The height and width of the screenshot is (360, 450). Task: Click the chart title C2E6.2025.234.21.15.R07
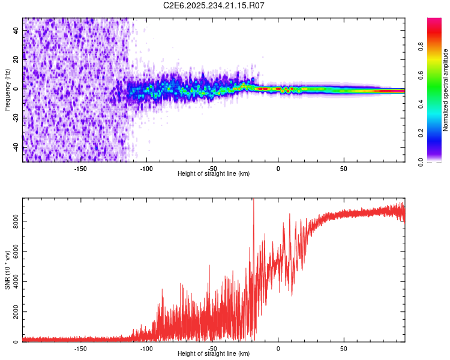coord(214,5)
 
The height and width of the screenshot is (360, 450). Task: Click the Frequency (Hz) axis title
coord(7,90)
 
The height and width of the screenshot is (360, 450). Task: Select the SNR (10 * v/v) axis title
coord(7,270)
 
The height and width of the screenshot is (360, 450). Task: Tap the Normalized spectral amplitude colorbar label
coord(446,90)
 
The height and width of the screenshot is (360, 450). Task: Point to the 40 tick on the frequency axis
coord(16,31)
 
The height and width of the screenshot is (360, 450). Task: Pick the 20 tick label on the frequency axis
coord(16,59)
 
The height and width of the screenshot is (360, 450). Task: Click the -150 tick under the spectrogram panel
coord(81,169)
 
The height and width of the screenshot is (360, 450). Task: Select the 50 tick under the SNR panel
coord(344,348)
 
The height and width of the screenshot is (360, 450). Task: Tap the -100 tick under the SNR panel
coord(146,348)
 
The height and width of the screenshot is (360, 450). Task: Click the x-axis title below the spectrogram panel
coord(214,174)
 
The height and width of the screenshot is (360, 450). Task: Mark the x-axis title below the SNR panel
coord(214,354)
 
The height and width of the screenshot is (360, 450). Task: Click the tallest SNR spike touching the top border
coord(253,200)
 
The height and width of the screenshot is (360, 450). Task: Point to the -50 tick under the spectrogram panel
coord(212,169)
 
